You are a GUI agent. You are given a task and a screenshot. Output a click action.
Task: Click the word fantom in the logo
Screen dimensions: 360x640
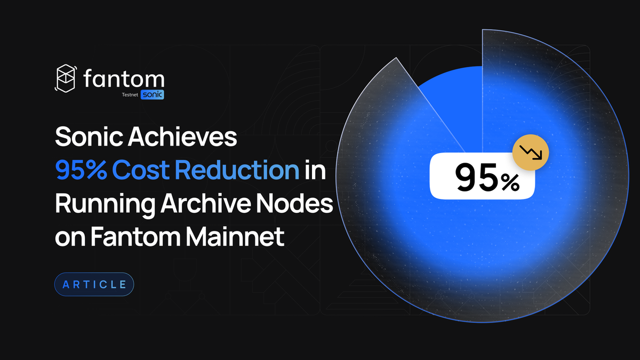point(124,79)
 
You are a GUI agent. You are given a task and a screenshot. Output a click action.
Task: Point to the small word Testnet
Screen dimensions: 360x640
point(130,95)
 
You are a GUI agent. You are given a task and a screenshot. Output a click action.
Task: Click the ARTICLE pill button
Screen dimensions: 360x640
point(94,284)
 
